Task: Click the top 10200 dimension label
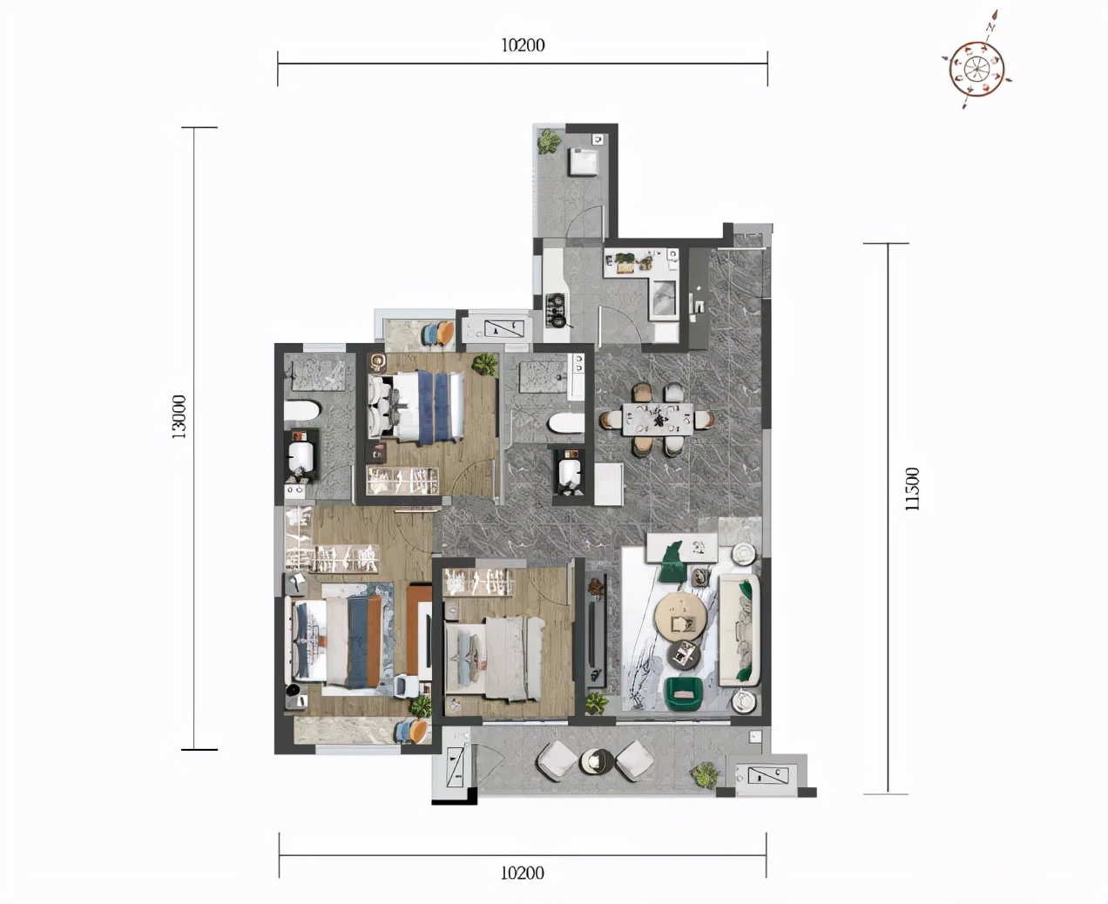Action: coord(523,45)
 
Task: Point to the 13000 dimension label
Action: coord(179,416)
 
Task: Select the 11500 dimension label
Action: coord(913,489)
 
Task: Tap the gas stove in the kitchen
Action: coord(555,309)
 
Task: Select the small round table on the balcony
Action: coord(596,761)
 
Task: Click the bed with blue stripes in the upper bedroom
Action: coord(416,406)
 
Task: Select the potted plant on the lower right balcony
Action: coord(705,775)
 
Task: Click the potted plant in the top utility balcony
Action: coord(549,141)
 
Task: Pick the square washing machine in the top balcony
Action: coord(584,162)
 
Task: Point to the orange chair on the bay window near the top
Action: coord(445,333)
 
